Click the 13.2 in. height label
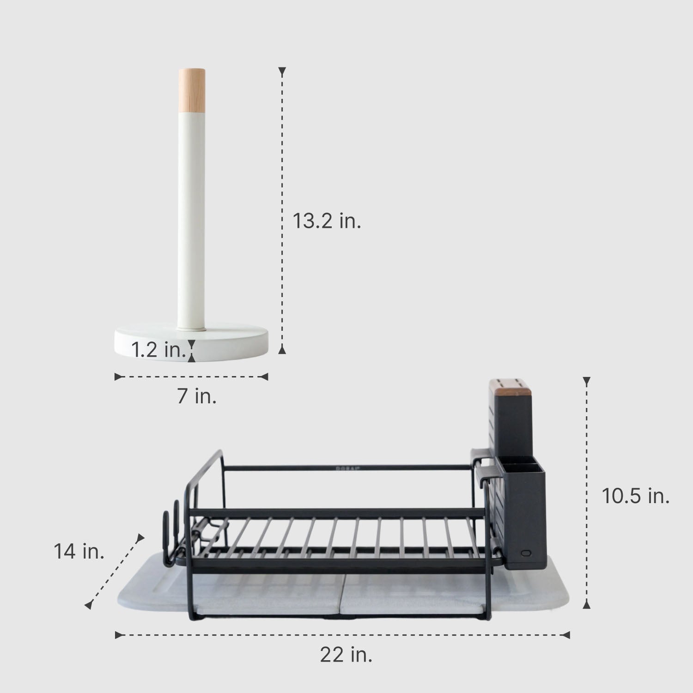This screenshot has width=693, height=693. (x=327, y=222)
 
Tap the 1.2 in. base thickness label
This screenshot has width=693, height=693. (x=158, y=349)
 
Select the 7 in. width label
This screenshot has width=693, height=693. (x=197, y=396)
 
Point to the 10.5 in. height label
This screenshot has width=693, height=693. (x=635, y=496)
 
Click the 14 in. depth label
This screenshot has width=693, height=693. (x=79, y=551)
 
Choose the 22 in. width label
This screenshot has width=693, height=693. (x=346, y=655)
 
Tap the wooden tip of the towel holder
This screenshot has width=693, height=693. (x=192, y=90)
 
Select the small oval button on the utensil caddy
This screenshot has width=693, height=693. (x=525, y=553)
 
